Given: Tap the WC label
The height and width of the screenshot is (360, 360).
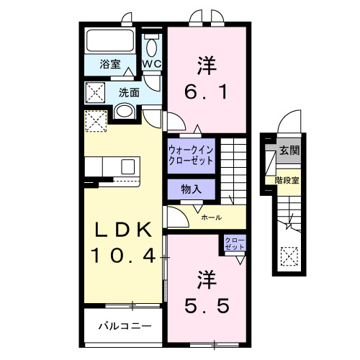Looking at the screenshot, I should [x=152, y=64].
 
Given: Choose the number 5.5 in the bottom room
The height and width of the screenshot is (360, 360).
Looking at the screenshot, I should [x=205, y=306].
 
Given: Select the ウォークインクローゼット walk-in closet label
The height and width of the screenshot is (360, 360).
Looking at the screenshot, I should [x=191, y=156].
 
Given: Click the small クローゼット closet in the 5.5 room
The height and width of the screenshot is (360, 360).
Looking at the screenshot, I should [x=234, y=243].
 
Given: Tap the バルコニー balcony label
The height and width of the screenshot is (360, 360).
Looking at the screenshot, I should [x=125, y=325].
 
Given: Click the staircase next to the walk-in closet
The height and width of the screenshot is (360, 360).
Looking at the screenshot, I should [x=233, y=165].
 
